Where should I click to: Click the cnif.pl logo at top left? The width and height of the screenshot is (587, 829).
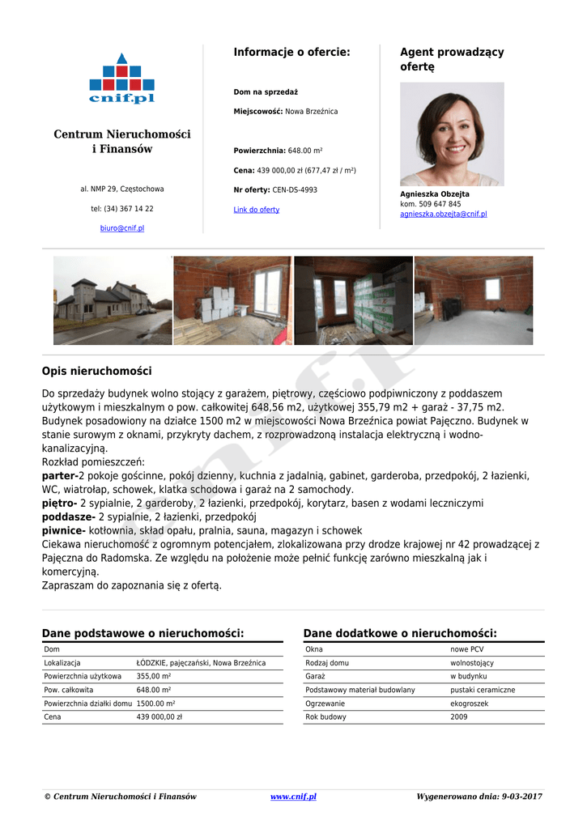(121, 79)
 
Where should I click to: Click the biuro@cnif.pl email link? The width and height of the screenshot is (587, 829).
(121, 228)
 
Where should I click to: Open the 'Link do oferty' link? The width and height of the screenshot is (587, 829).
(256, 210)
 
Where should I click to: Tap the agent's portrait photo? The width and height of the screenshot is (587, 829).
(452, 134)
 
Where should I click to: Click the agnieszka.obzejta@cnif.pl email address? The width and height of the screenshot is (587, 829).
(443, 215)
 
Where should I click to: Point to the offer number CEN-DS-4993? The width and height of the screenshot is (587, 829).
(295, 190)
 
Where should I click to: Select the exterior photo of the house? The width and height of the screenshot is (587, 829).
(113, 300)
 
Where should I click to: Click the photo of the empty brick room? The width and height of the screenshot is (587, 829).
(474, 300)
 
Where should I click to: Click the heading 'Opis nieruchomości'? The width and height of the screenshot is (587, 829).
(96, 372)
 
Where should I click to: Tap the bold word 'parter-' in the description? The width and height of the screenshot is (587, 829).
(59, 476)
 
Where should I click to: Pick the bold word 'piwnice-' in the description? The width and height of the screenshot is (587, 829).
(63, 530)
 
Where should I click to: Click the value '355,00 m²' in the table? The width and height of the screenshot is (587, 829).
(153, 676)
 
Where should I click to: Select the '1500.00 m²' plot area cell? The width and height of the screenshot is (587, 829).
(155, 704)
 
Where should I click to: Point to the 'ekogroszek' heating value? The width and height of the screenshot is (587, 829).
(469, 704)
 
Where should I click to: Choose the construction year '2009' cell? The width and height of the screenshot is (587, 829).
(458, 717)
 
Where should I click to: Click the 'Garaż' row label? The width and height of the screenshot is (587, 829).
(315, 676)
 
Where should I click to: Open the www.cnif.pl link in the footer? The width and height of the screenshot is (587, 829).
(293, 797)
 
